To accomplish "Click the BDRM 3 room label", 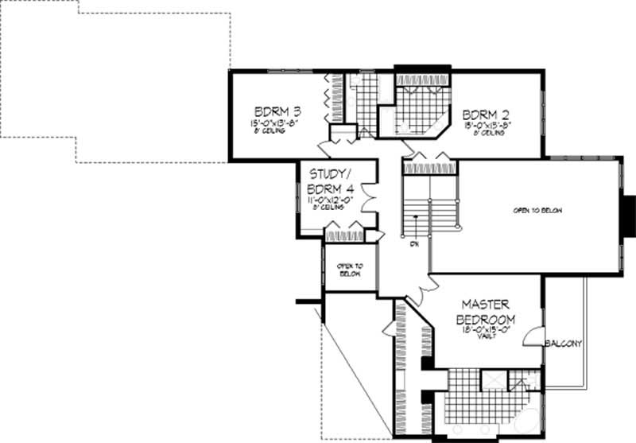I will tap(272, 111).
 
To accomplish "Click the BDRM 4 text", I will tap(330, 188).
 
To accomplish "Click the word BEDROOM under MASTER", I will tap(485, 319).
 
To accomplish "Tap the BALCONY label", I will tap(564, 344).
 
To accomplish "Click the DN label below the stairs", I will tap(414, 244).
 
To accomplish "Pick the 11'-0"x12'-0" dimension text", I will tap(330, 200).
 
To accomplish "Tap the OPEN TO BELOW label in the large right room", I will tap(532, 212).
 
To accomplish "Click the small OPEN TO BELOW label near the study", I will tap(349, 269).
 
